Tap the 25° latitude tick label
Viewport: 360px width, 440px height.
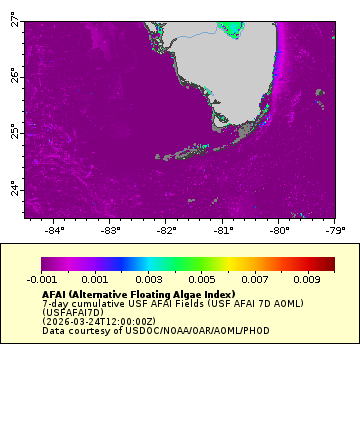pyautogui.click(x=14, y=132)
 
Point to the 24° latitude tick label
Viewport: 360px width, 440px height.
pyautogui.click(x=14, y=189)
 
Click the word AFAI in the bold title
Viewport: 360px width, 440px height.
pyautogui.click(x=55, y=295)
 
